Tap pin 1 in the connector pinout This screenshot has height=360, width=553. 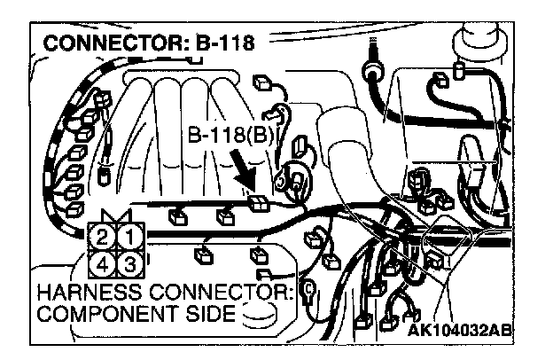point(128,237)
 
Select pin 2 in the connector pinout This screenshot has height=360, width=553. point(102,237)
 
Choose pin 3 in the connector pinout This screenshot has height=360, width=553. point(128,262)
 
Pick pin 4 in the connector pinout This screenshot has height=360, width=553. point(102,262)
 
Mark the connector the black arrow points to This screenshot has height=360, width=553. point(259,201)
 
